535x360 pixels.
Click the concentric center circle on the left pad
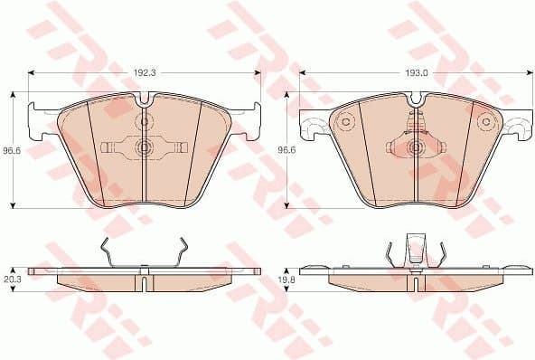click(145, 147)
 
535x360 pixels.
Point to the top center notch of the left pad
click(145, 95)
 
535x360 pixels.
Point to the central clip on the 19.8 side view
click(415, 248)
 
